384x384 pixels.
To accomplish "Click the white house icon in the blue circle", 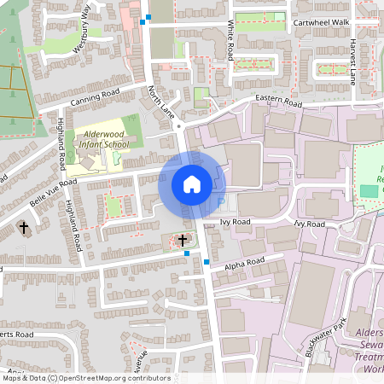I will point(191,183).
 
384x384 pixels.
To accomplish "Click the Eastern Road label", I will point(279,102).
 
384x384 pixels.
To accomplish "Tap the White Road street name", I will point(230,42).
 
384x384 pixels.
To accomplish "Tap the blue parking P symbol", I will point(222,202).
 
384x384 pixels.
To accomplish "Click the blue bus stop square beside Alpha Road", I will point(207,262).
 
